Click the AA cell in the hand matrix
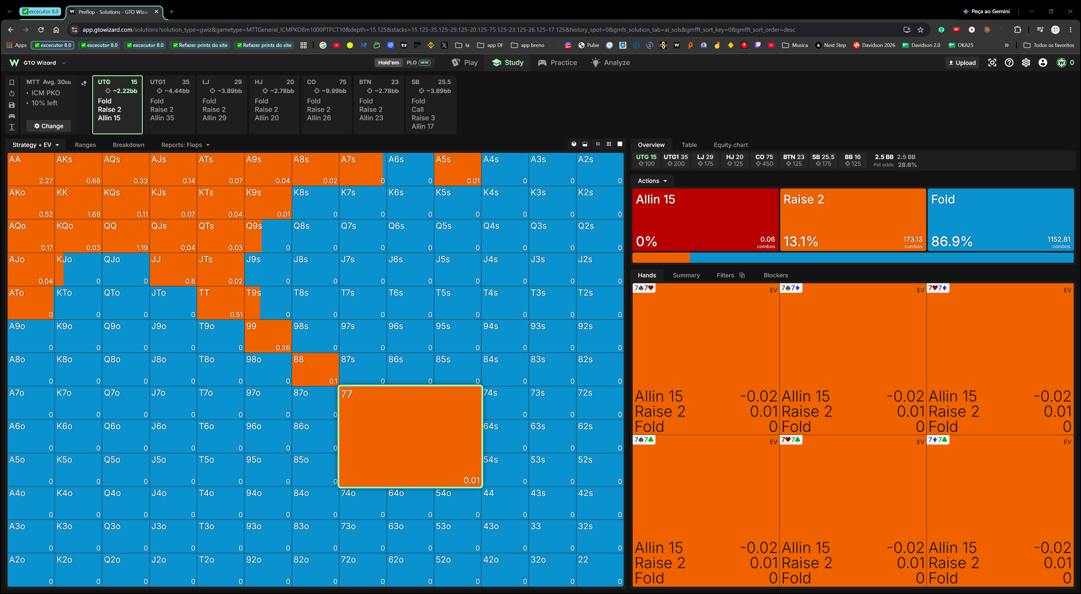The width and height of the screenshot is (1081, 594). [31, 169]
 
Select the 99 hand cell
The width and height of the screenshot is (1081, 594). [268, 336]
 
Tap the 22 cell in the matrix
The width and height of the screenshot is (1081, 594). [600, 570]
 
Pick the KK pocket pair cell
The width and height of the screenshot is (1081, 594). [78, 203]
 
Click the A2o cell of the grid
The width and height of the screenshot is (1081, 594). [31, 570]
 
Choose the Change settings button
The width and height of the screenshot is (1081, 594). [49, 126]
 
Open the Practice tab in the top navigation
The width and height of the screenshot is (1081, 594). [557, 62]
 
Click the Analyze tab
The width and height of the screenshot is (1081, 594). [610, 62]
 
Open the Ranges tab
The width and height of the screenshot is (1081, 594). [85, 145]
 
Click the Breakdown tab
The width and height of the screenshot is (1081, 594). [128, 145]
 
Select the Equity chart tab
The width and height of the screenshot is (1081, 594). [731, 145]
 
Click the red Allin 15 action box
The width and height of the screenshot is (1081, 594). [705, 220]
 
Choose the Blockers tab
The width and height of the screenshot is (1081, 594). [775, 275]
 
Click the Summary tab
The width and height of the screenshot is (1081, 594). [686, 275]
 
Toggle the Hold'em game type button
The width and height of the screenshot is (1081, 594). [389, 62]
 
